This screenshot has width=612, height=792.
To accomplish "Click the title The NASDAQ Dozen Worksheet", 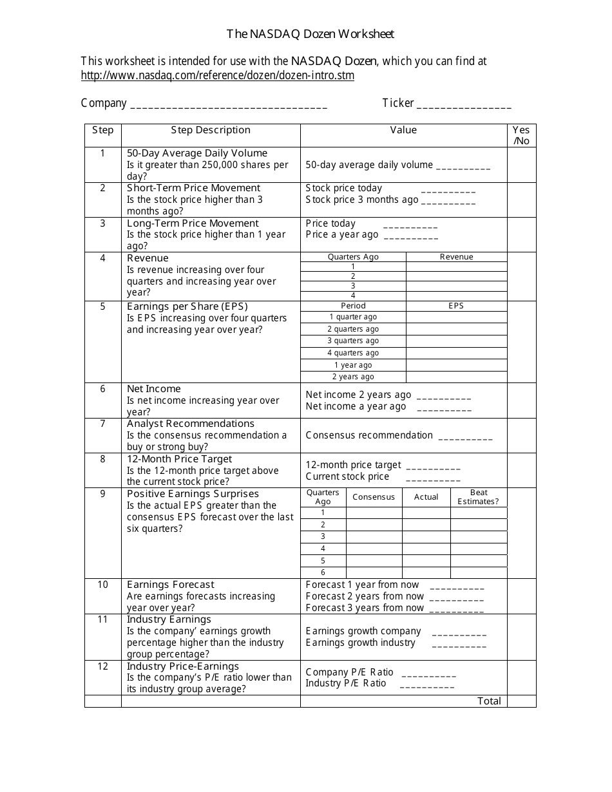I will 310,34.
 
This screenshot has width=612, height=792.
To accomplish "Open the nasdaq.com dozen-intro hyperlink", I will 217,75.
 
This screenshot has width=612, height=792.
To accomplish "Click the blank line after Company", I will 229,104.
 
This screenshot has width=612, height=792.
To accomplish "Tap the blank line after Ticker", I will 464,104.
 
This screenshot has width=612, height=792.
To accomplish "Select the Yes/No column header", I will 521,135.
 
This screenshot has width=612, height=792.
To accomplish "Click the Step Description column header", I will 211,130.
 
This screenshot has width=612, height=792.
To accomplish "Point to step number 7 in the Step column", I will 102,424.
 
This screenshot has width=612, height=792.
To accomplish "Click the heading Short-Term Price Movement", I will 193,188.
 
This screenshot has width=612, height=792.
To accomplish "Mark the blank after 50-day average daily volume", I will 463,166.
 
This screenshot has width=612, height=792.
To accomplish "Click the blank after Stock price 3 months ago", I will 448,201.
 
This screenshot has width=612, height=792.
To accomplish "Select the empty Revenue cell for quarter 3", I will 456,286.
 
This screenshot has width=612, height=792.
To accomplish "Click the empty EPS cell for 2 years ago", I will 456,377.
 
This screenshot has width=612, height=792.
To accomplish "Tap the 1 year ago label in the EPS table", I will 353,365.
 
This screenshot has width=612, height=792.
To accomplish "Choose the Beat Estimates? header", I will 478,497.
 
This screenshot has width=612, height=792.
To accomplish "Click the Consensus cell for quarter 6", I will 374,572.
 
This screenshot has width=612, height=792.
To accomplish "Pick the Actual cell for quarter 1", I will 426,513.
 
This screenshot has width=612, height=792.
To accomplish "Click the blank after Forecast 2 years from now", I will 456,598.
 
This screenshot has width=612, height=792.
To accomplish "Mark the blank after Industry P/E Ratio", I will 426,684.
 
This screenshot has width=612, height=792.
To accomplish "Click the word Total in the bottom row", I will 489,701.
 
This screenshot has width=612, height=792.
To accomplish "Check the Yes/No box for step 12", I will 521,677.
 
